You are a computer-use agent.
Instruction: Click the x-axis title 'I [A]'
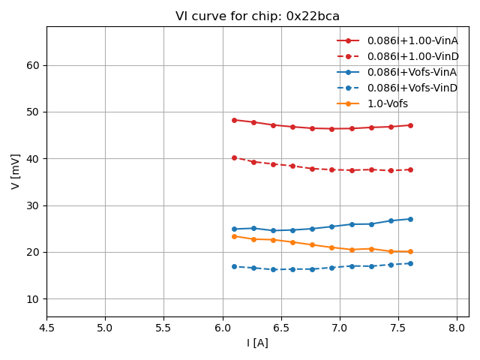point(257,343)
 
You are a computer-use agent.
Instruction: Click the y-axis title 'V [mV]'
point(16,172)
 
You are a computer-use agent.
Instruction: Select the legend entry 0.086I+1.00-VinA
point(412,40)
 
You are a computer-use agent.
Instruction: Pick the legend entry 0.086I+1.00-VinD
point(412,56)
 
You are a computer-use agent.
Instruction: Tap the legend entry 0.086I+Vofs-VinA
point(412,72)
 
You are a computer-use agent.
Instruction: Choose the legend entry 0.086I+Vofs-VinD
point(412,88)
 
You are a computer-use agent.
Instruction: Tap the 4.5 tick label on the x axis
point(46,327)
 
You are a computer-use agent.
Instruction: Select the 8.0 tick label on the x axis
point(457,327)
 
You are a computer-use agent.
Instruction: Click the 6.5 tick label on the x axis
point(281,327)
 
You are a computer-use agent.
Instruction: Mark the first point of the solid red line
point(234,120)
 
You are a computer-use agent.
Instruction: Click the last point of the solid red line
point(410,125)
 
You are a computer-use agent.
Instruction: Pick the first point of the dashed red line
point(234,158)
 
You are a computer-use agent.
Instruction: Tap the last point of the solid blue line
point(410,219)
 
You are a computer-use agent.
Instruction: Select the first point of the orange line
point(234,236)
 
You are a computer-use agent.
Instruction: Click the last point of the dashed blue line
point(410,263)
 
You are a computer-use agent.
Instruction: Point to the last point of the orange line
point(410,252)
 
